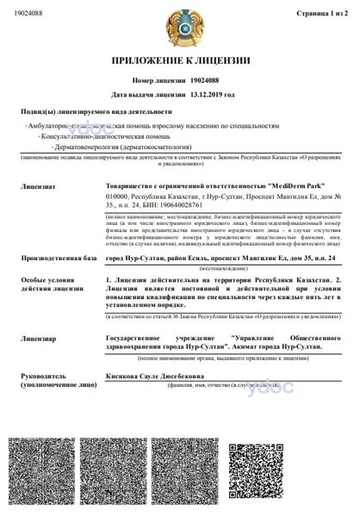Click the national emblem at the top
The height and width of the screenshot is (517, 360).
[x=179, y=28]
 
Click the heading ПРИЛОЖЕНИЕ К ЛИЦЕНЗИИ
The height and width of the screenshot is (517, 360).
[x=179, y=62]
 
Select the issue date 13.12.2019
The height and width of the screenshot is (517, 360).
[x=212, y=94]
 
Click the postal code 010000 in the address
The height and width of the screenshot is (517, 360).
[x=116, y=196]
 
